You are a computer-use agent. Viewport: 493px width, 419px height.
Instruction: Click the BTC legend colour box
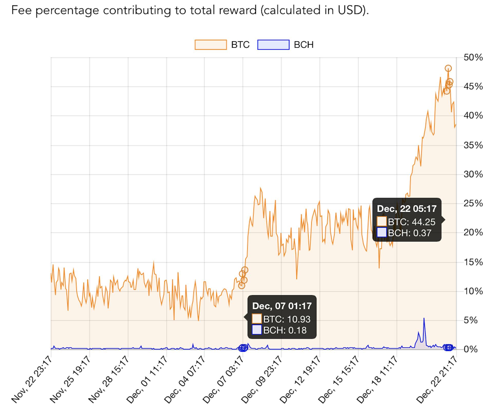click(x=211, y=45)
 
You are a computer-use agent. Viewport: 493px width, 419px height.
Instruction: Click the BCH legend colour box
click(x=273, y=45)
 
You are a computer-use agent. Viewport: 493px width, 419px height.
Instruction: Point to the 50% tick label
click(x=473, y=57)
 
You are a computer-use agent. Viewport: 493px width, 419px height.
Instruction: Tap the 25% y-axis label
click(x=473, y=204)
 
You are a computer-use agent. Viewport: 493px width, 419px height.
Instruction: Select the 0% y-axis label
click(x=470, y=349)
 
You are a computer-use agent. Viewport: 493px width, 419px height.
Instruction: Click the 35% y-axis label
click(x=473, y=145)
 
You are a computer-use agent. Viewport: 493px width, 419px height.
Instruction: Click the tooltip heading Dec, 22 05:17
click(x=407, y=209)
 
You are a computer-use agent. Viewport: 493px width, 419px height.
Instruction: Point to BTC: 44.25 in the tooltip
click(x=411, y=222)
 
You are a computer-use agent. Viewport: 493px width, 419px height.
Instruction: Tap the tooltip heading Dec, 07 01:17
click(x=282, y=306)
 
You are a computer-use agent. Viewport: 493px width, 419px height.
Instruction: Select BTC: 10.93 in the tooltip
click(x=287, y=319)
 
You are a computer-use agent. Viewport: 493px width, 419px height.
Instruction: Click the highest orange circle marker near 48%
click(x=448, y=68)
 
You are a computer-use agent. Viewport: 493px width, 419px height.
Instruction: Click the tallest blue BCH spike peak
click(x=424, y=318)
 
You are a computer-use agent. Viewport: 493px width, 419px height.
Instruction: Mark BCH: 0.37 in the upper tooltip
click(x=409, y=233)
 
